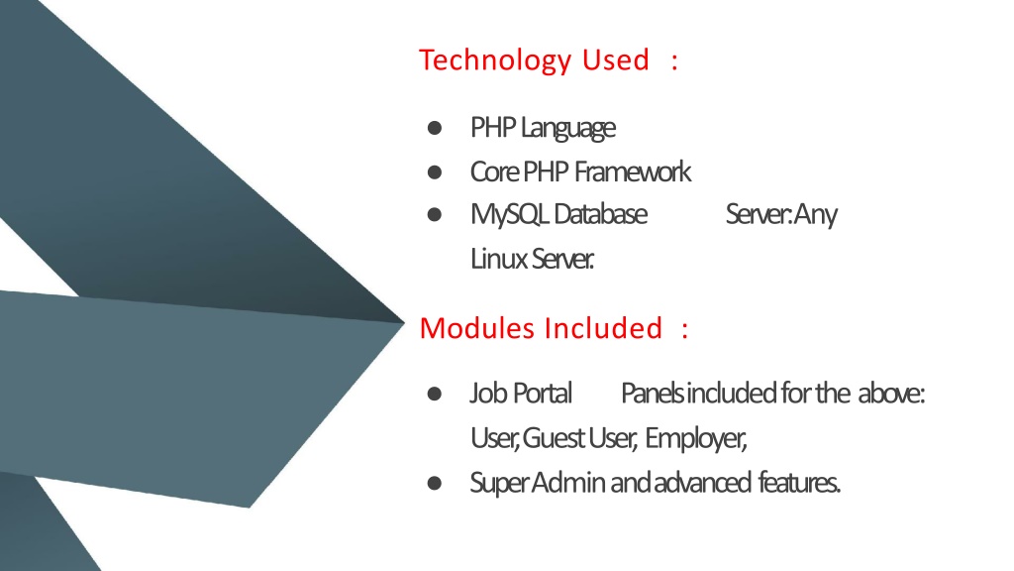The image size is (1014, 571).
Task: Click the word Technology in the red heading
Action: click(x=495, y=60)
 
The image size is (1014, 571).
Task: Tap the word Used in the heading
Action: click(x=615, y=59)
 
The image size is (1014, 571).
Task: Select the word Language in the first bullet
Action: click(x=567, y=128)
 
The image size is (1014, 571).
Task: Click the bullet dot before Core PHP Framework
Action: click(x=435, y=172)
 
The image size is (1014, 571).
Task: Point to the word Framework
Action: click(x=633, y=172)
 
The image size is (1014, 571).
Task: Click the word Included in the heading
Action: click(x=603, y=328)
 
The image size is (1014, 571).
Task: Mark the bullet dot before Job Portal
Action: click(x=435, y=394)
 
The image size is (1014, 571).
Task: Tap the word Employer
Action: click(x=696, y=439)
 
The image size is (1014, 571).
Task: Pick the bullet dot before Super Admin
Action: click(x=435, y=483)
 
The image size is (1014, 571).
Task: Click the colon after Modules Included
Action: click(x=685, y=330)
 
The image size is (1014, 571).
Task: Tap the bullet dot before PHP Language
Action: click(x=435, y=128)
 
